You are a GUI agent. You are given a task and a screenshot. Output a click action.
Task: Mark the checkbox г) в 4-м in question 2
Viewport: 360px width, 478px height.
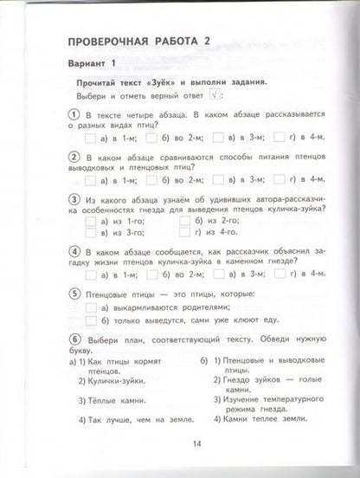(x=280, y=179)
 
